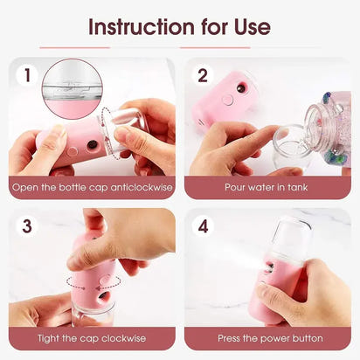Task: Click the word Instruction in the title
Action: coord(145,26)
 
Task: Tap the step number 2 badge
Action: coord(203,75)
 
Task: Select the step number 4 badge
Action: coord(203,225)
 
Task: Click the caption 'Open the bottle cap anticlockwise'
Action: coord(92,187)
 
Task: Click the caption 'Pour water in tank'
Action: coord(268,187)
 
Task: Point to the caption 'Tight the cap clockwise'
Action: coord(92,337)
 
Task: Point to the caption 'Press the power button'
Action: coord(268,337)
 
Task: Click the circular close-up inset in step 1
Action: coord(72,88)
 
